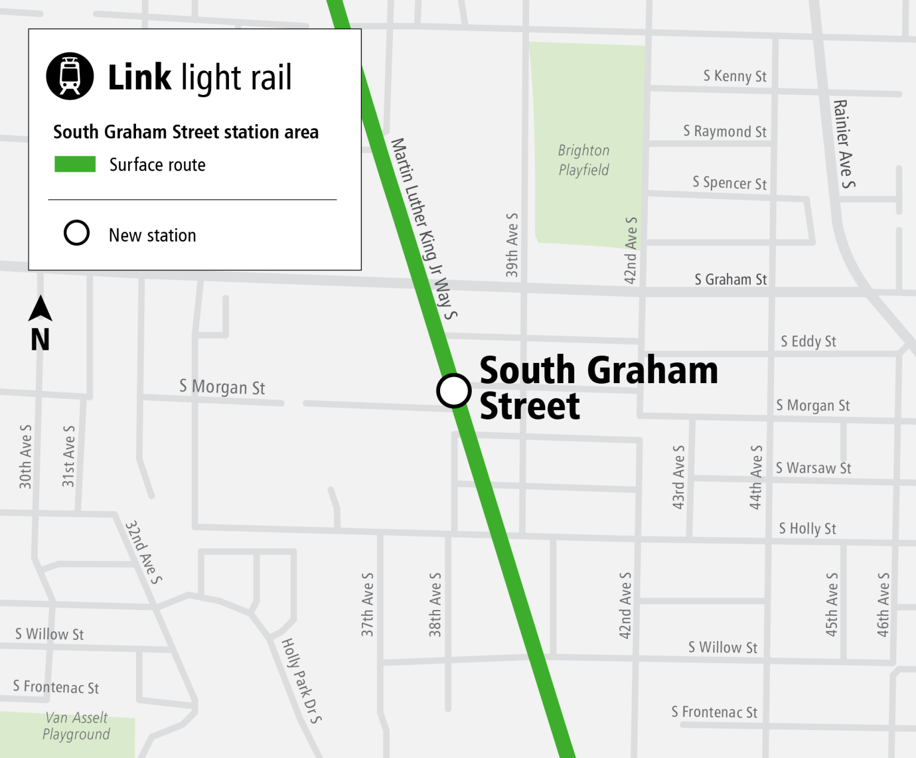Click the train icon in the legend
pos(70,76)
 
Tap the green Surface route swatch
pos(75,164)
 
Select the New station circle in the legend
pos(77,233)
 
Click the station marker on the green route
pos(454,391)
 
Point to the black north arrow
pos(41,309)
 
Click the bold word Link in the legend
pos(140,77)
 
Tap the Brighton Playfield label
pos(584,160)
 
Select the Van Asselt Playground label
pos(76,726)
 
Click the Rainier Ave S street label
pos(843,144)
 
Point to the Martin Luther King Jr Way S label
pos(424,229)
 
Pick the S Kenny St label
pos(735,76)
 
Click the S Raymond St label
pos(725,131)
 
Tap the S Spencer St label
pos(729,183)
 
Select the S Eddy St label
pos(808,341)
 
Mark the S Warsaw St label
pos(813,468)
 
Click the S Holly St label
pos(807,528)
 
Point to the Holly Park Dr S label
pos(301,680)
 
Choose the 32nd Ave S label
pos(144,552)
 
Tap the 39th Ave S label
pos(512,245)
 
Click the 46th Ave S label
pos(883,605)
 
